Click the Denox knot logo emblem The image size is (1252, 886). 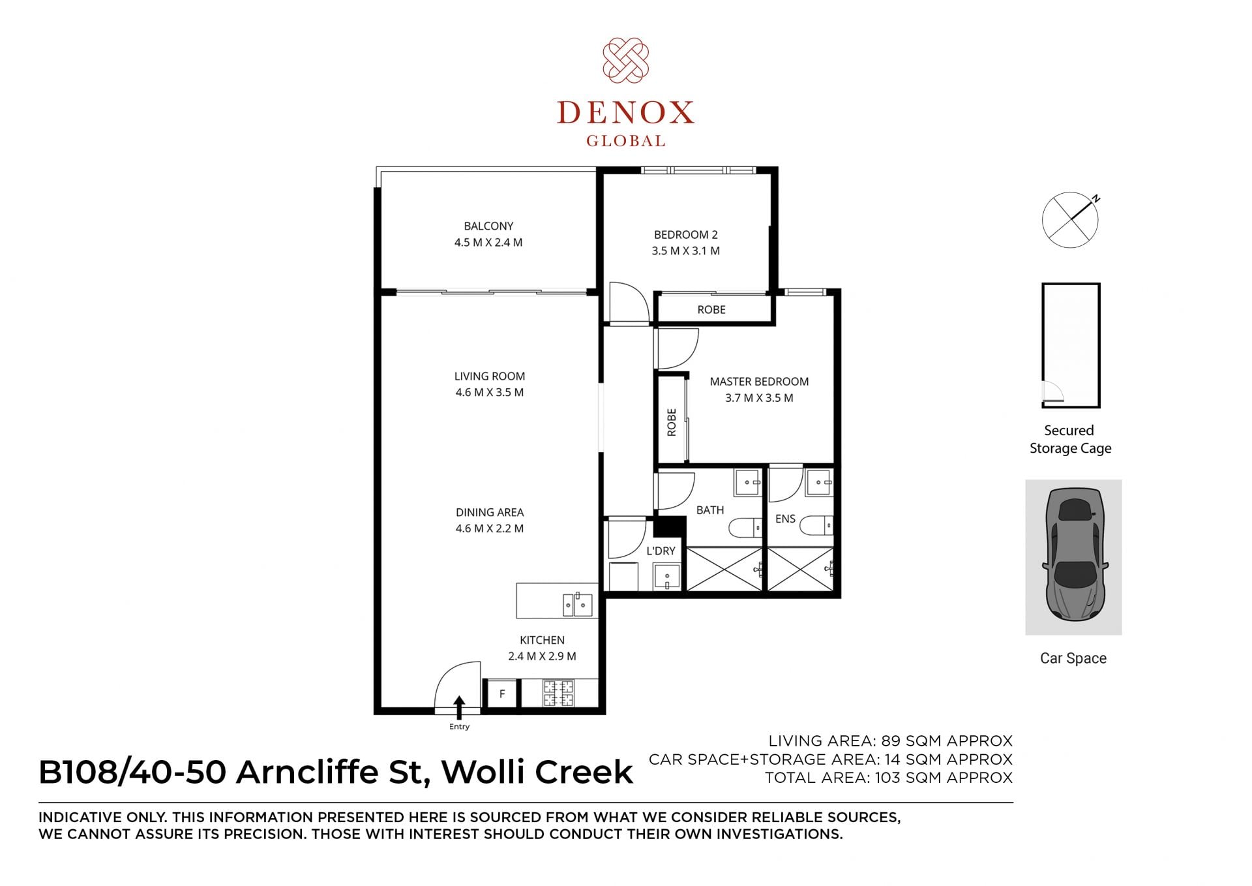625,60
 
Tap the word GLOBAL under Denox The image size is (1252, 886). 625,141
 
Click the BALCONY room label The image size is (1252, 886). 488,226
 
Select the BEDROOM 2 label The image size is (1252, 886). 685,235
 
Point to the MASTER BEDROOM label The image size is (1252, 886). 759,382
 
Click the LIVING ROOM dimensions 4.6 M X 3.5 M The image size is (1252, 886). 489,393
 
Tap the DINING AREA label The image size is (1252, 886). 489,513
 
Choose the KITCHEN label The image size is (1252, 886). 542,641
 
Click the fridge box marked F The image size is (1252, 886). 502,694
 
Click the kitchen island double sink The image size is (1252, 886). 578,605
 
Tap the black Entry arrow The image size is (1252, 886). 459,708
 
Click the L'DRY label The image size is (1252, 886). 661,551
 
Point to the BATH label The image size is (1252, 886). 710,510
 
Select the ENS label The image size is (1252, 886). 785,519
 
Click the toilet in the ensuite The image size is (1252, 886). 816,525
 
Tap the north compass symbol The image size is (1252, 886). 1071,219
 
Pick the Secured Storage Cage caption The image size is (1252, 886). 1070,439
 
